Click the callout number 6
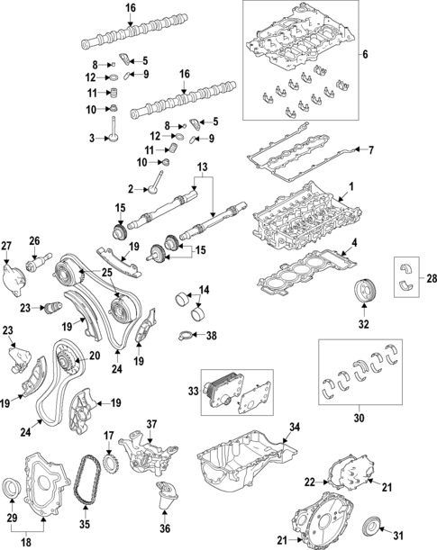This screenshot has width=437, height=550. [365, 56]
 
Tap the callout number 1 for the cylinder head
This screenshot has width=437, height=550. [351, 187]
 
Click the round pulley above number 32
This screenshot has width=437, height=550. [363, 294]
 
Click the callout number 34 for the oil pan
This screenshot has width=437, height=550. [292, 427]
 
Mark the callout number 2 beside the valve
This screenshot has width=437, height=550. [132, 189]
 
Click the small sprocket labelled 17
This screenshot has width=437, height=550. [113, 464]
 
